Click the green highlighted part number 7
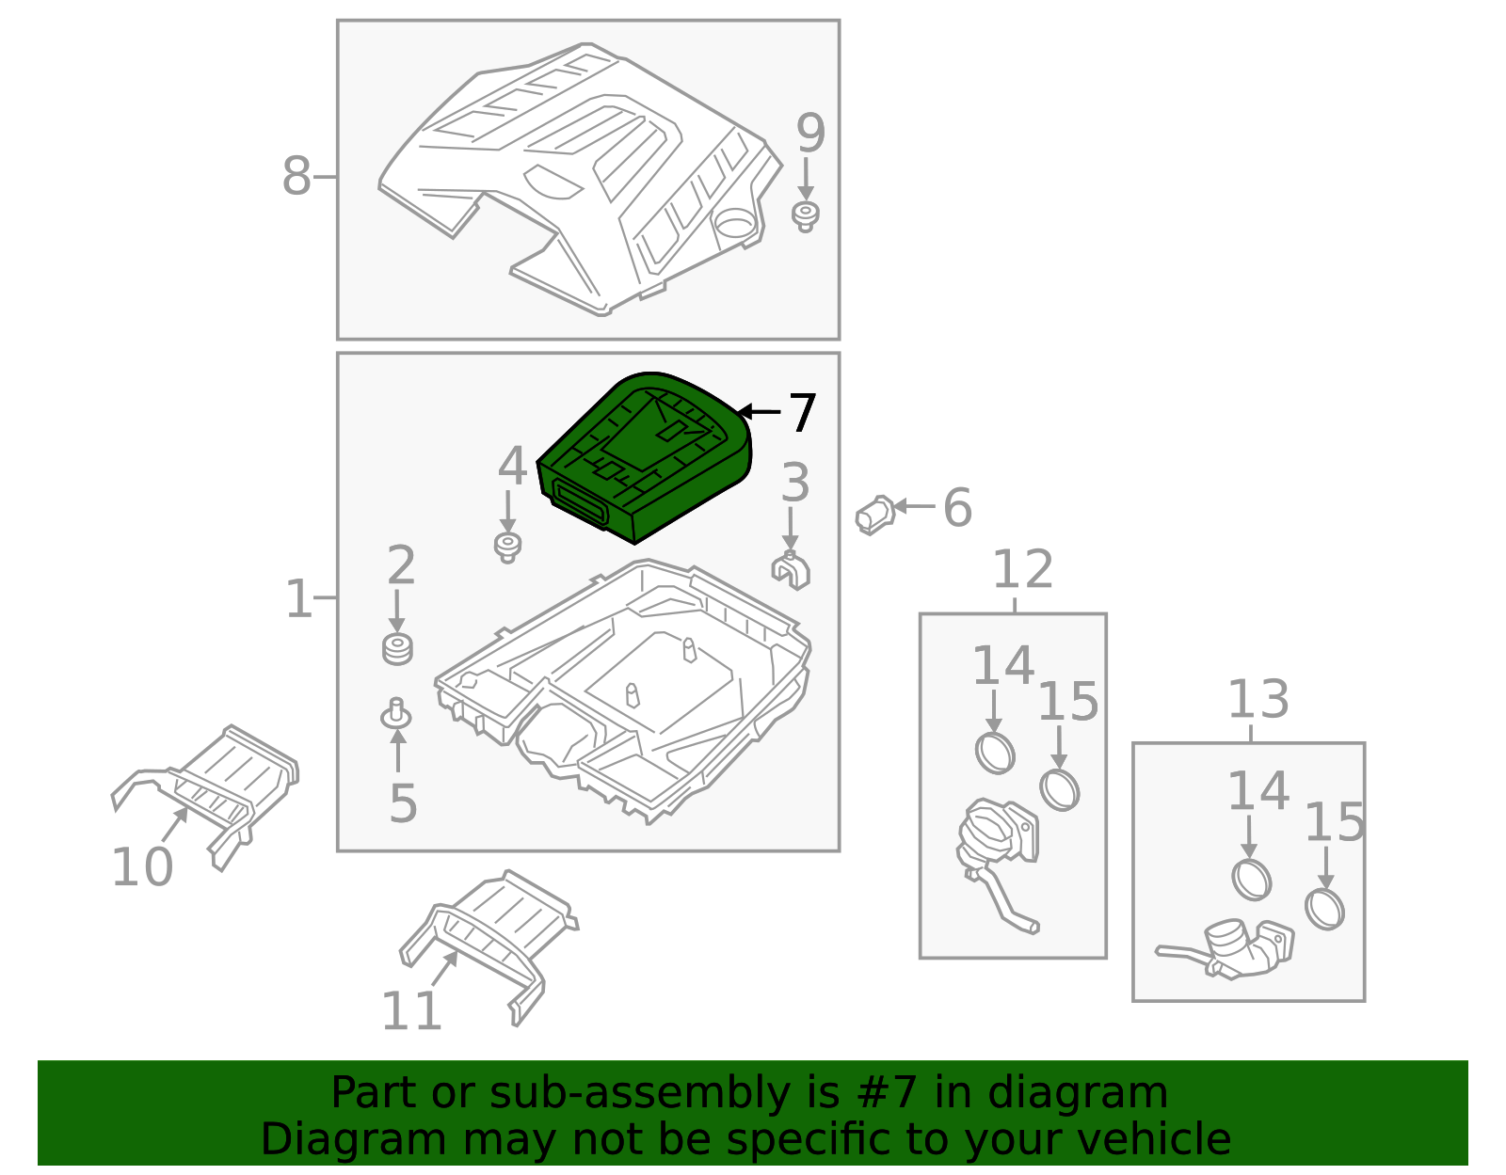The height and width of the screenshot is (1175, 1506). coord(645,456)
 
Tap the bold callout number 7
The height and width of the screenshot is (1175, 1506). coord(802,414)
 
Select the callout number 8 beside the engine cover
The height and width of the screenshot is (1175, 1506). coord(296,176)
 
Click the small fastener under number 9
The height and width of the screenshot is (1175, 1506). coord(806,216)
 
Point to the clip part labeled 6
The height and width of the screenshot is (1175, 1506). coord(875,515)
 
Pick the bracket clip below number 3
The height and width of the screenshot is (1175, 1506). coord(791,570)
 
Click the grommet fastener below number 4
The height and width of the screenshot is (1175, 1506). coord(508,547)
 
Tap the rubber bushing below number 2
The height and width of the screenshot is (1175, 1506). coord(398,649)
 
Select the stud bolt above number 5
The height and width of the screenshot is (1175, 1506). coord(396,715)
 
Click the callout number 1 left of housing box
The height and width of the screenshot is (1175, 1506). coord(298,598)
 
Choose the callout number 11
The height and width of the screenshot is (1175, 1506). coord(411,1011)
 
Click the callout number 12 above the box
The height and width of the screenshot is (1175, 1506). coord(1023,570)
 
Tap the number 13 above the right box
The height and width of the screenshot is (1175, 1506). coord(1258,700)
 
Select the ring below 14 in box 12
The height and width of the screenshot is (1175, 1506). coord(995,752)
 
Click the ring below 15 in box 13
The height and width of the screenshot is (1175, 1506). coord(1324,909)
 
